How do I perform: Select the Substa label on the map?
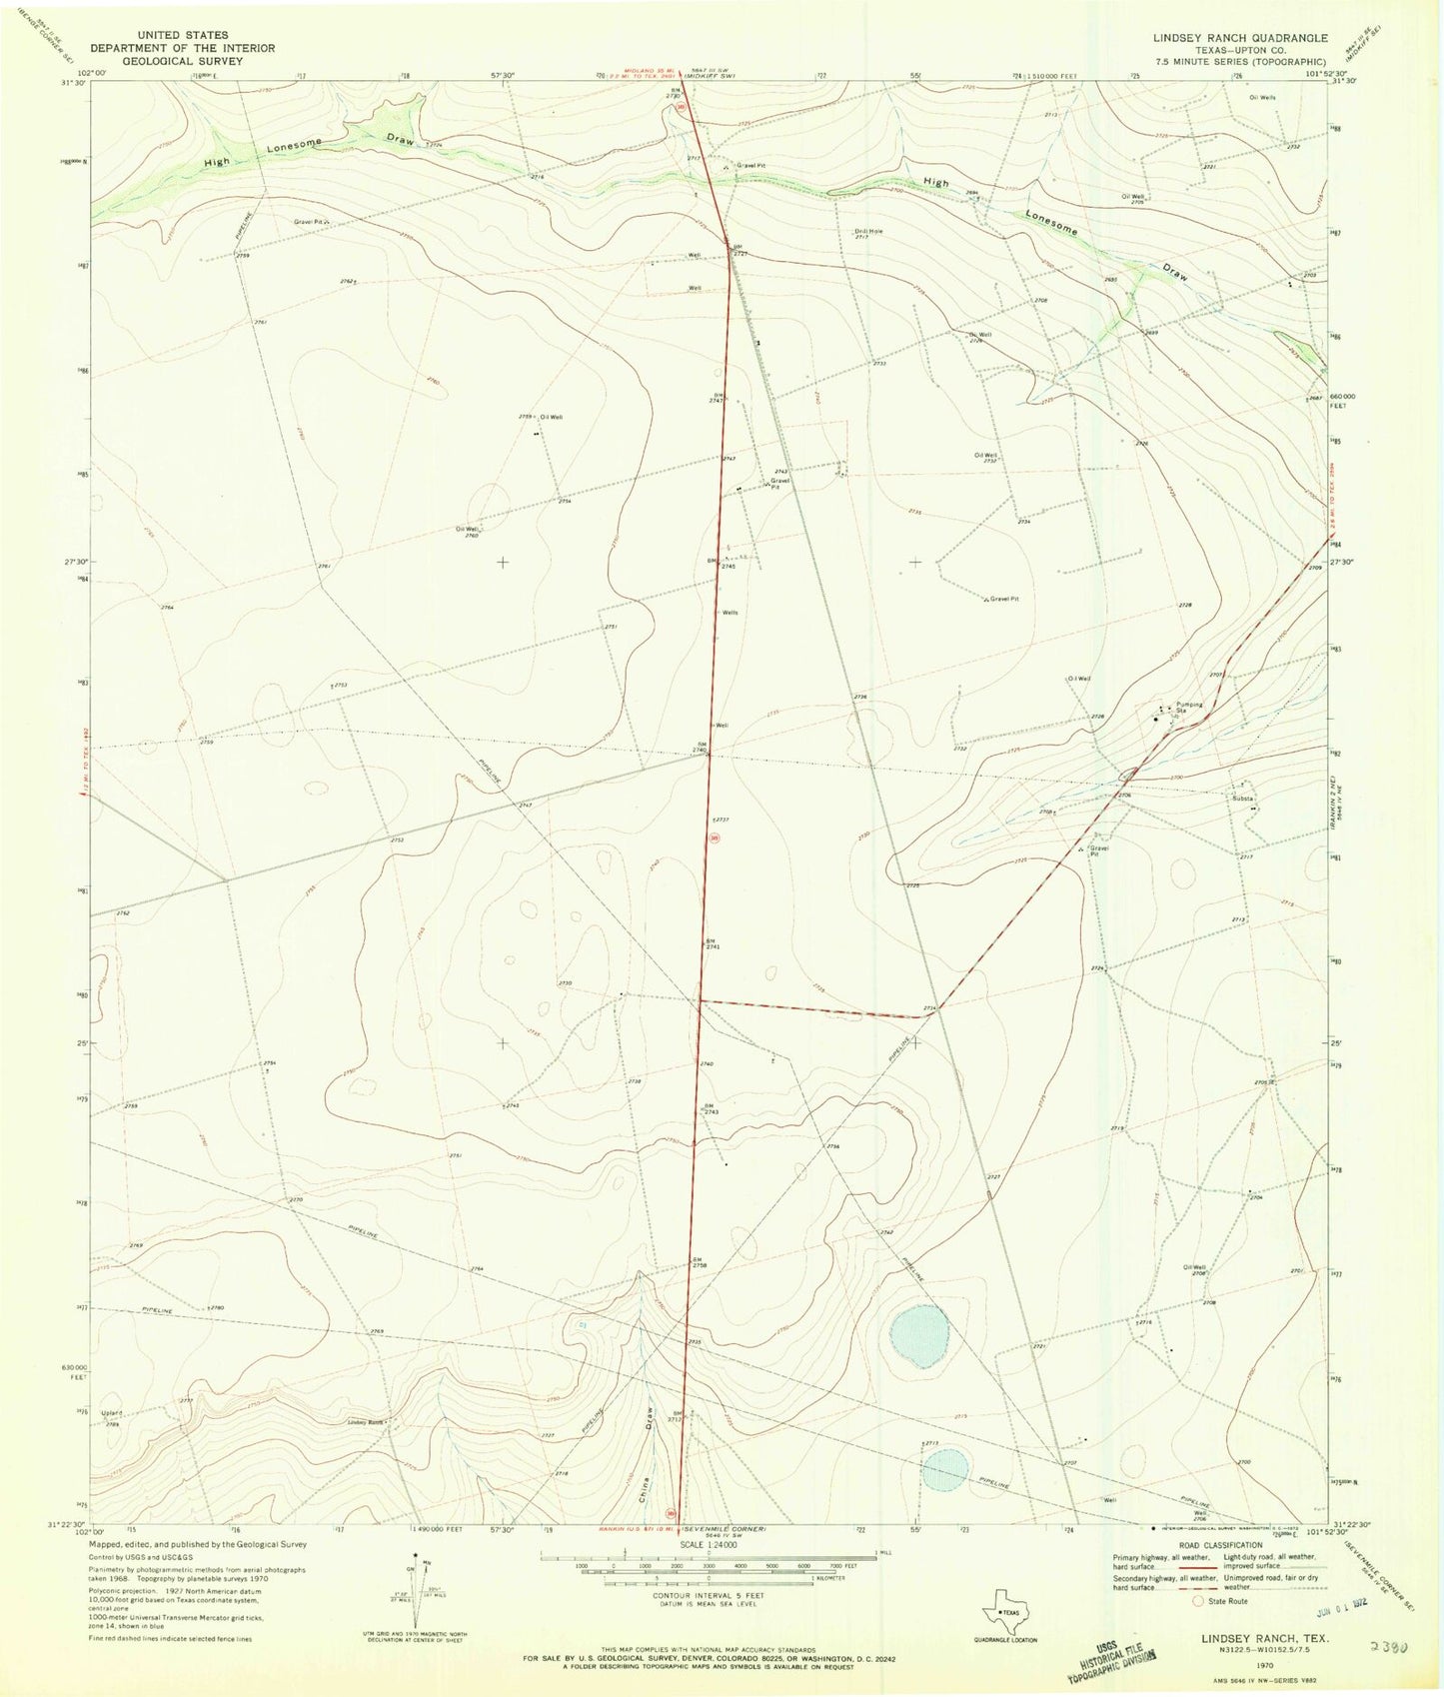[x=1242, y=799]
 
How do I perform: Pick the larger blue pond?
[x=918, y=1336]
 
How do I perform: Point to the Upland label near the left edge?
[x=111, y=1413]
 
